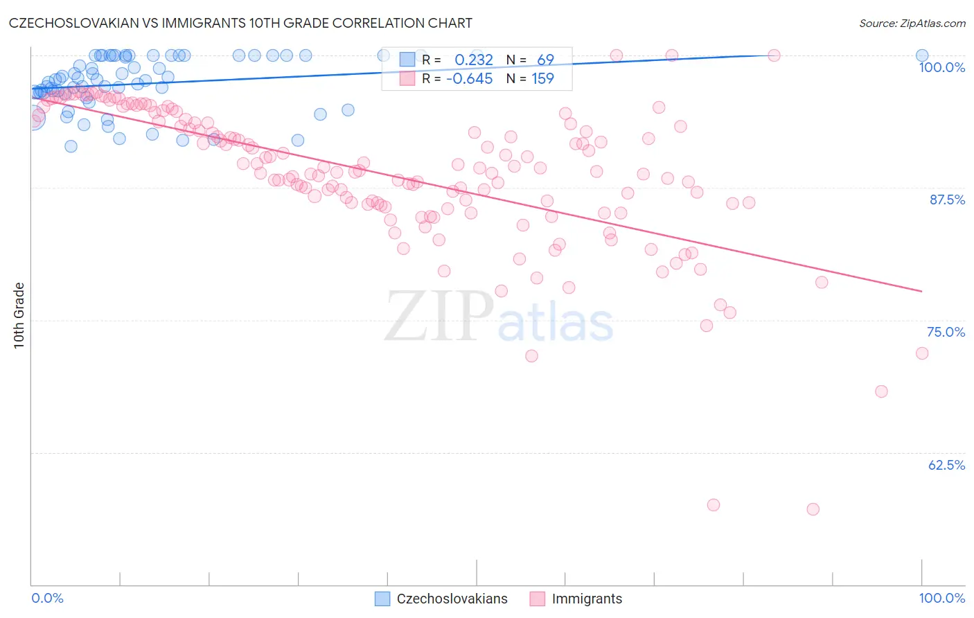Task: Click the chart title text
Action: coord(240,23)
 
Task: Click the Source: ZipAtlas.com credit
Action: coord(912,23)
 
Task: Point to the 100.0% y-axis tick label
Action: coord(941,67)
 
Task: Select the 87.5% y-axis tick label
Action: coord(946,200)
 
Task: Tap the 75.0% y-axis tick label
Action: coord(946,332)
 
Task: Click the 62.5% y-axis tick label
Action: coord(946,465)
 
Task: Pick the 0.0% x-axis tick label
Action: coord(47,598)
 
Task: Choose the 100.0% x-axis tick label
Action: coord(941,598)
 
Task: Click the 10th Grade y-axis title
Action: coord(19,315)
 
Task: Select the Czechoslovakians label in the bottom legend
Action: coord(452,599)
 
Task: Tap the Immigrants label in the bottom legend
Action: coord(587,599)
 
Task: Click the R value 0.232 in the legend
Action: coord(474,60)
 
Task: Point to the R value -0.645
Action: coord(470,79)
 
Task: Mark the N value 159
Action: coord(542,79)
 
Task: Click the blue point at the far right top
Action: coord(922,55)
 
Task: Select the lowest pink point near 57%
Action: coord(813,509)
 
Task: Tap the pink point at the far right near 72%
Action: coord(922,353)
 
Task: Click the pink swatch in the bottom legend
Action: coord(537,599)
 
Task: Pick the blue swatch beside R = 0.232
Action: coord(407,60)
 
